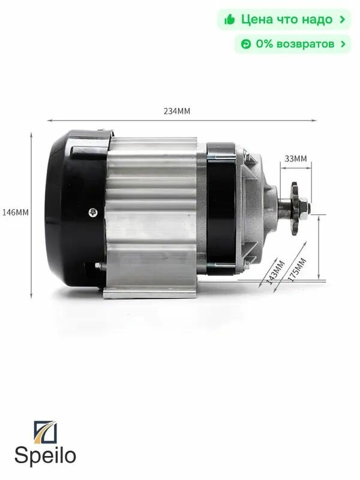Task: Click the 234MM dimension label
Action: pos(181,112)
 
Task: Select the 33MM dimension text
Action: pos(295,159)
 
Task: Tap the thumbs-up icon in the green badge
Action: pos(229,20)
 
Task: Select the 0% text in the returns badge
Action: pos(265,44)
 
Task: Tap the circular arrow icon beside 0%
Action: pos(245,44)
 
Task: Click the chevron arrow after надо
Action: pos(342,20)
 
